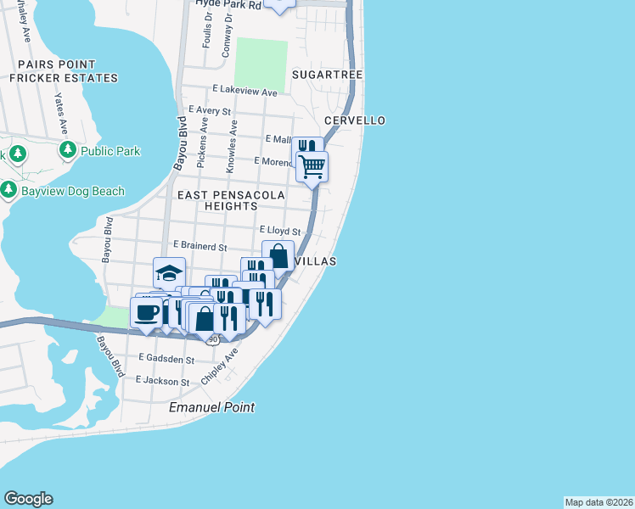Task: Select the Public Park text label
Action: pos(110,151)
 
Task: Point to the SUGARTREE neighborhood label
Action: pos(327,75)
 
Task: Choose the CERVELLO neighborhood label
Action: pos(355,120)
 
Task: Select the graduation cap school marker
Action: pos(169,273)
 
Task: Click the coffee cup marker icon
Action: pos(146,311)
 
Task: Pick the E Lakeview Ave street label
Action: pos(245,90)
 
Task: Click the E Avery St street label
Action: pos(211,110)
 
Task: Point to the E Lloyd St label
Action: pos(279,231)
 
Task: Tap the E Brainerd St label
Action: pos(199,247)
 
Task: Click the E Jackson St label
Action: pos(162,382)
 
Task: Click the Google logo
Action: pos(28,499)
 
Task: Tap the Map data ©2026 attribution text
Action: pos(598,502)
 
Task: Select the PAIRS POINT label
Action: pos(56,64)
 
